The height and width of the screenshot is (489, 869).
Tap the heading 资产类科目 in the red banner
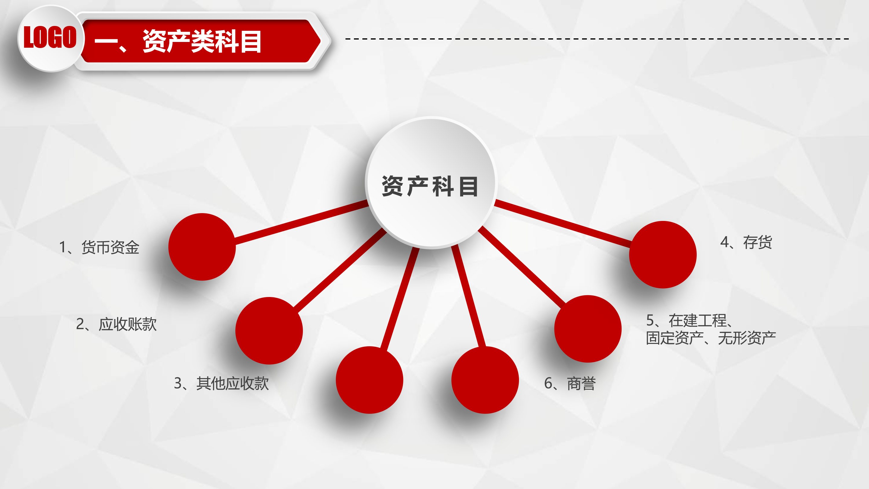[202, 41]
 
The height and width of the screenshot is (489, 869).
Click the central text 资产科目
[430, 186]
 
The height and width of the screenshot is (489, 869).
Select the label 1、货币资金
[99, 247]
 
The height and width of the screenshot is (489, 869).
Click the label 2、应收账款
[116, 324]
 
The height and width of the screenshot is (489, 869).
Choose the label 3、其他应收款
[221, 383]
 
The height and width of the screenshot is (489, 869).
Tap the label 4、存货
[746, 242]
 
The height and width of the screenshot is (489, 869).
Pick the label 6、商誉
[570, 383]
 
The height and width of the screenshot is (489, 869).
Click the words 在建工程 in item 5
[698, 320]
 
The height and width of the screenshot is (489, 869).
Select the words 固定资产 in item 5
[675, 338]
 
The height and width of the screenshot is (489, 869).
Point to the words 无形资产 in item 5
[747, 338]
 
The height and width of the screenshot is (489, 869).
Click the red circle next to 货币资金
[202, 247]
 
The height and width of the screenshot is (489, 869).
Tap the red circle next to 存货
[663, 254]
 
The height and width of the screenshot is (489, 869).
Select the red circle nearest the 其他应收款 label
[369, 380]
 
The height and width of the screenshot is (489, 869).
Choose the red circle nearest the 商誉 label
[485, 380]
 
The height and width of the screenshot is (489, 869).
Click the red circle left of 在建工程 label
[588, 329]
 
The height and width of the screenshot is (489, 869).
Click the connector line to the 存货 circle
[563, 223]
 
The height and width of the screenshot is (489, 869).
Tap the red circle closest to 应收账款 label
[269, 331]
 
